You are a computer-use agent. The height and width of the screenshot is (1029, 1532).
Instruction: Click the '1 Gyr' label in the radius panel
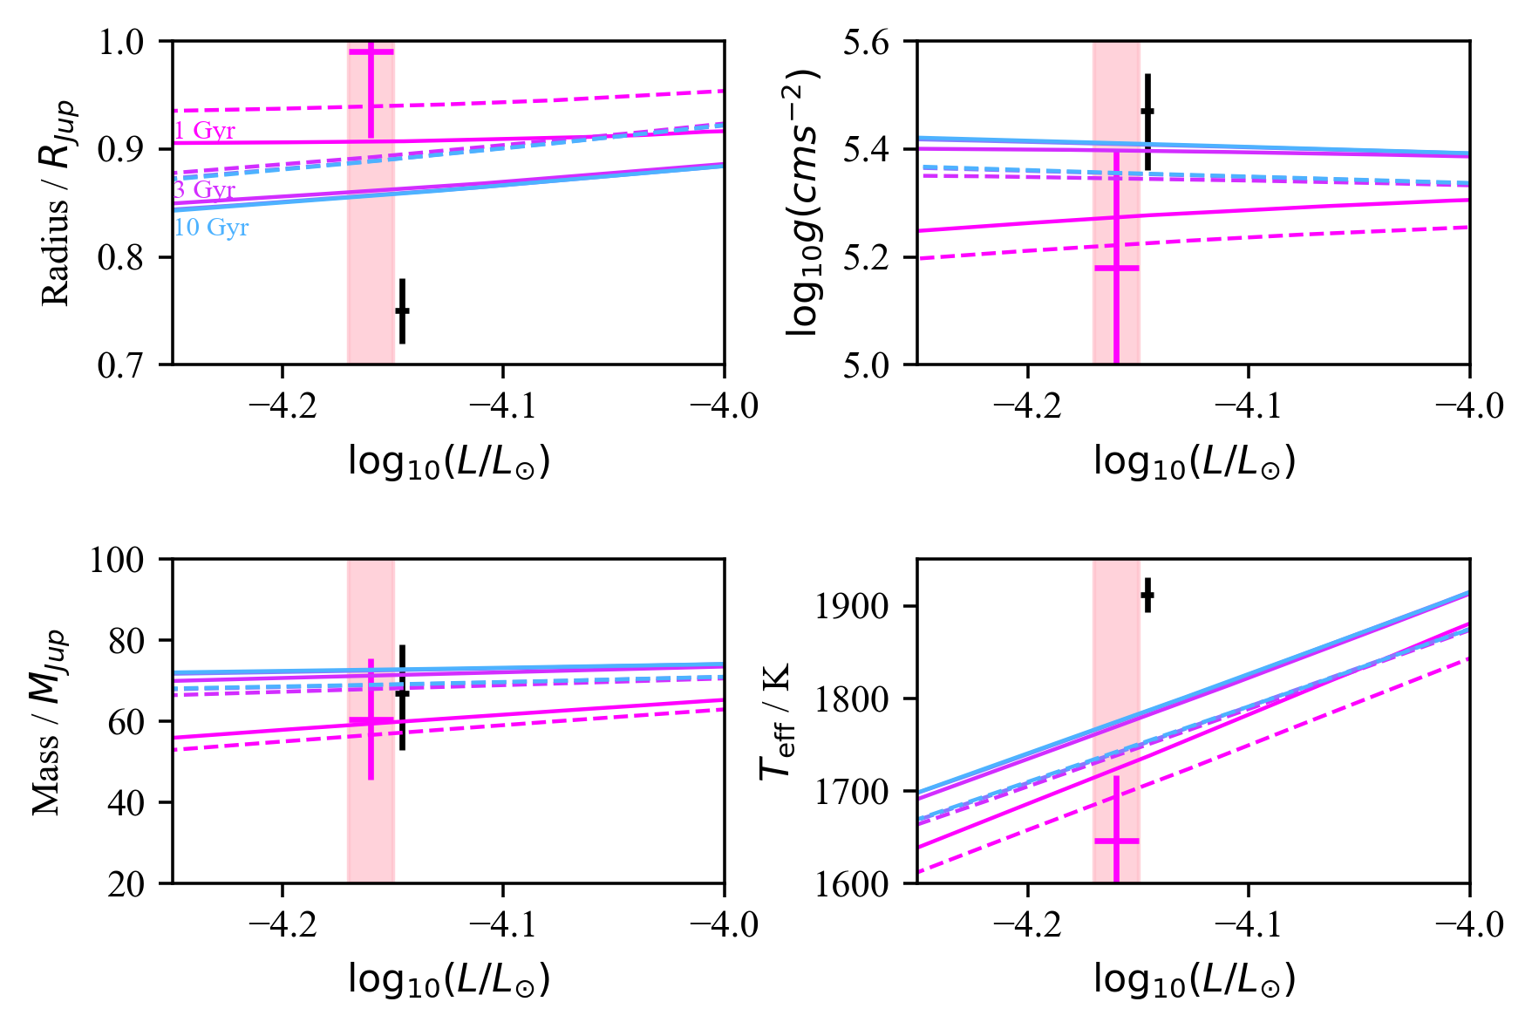[x=205, y=131]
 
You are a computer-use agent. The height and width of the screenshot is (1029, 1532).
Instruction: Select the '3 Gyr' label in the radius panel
[x=205, y=189]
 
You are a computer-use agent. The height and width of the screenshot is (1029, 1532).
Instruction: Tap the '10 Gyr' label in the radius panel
[x=212, y=228]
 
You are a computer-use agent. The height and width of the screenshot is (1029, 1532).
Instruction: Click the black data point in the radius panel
[x=402, y=310]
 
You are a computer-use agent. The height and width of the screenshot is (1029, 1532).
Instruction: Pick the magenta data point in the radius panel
[x=371, y=52]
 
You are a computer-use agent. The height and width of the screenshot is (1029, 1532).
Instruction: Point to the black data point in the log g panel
[x=1147, y=111]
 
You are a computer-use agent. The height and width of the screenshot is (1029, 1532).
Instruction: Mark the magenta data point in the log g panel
[x=1117, y=268]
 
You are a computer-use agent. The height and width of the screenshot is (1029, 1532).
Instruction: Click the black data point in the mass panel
[x=402, y=693]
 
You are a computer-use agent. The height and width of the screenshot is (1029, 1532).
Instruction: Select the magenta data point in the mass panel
[x=371, y=721]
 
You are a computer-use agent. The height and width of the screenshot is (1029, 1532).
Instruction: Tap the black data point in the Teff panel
[x=1147, y=596]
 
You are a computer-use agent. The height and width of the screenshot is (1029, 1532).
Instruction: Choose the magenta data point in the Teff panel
[x=1117, y=841]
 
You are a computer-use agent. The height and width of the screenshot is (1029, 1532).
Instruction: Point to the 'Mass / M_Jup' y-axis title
[x=49, y=721]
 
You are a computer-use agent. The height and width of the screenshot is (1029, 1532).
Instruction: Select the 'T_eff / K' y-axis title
[x=775, y=721]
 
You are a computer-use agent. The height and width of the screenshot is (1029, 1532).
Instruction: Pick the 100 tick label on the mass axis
[x=117, y=560]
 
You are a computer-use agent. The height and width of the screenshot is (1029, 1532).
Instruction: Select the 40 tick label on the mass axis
[x=127, y=802]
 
